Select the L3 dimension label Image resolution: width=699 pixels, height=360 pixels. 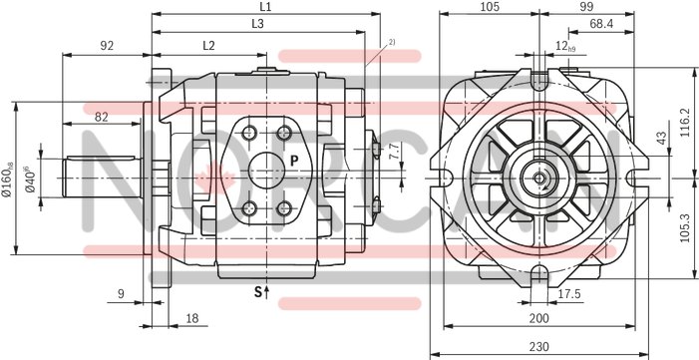click(x=258, y=23)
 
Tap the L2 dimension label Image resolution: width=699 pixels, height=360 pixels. click(x=208, y=45)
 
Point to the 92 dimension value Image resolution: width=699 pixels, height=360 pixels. click(x=107, y=45)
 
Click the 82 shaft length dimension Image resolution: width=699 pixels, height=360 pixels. click(x=102, y=117)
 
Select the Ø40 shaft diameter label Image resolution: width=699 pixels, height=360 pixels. click(x=32, y=179)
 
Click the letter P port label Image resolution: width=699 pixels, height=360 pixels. click(x=294, y=160)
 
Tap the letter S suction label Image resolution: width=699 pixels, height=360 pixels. click(x=257, y=292)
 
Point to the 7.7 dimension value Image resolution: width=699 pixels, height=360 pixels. click(x=393, y=152)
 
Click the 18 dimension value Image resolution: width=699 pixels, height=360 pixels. click(x=191, y=317)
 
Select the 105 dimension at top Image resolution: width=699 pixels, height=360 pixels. click(x=489, y=7)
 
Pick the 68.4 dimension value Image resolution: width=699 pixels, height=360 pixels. click(x=601, y=23)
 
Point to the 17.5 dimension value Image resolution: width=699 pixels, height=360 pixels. click(x=569, y=293)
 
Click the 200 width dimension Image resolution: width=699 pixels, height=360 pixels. click(x=538, y=317)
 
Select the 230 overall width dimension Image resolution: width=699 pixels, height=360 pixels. click(x=538, y=347)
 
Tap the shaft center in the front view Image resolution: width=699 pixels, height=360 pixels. click(x=538, y=179)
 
